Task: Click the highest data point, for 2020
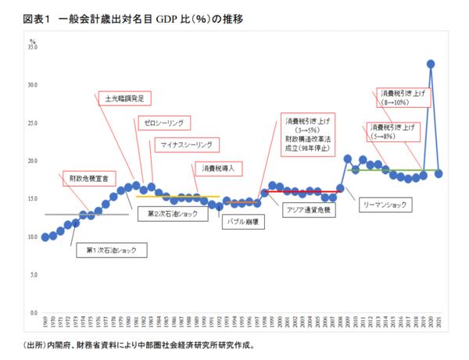click(x=431, y=64)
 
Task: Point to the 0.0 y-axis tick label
click(x=34, y=312)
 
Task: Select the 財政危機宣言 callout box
click(x=88, y=179)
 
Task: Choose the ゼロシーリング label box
click(x=163, y=123)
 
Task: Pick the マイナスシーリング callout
click(x=188, y=144)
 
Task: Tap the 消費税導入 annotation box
click(x=220, y=168)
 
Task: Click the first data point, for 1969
click(x=46, y=237)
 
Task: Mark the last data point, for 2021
click(x=439, y=173)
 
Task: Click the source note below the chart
click(x=138, y=344)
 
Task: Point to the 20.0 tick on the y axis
click(x=33, y=161)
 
